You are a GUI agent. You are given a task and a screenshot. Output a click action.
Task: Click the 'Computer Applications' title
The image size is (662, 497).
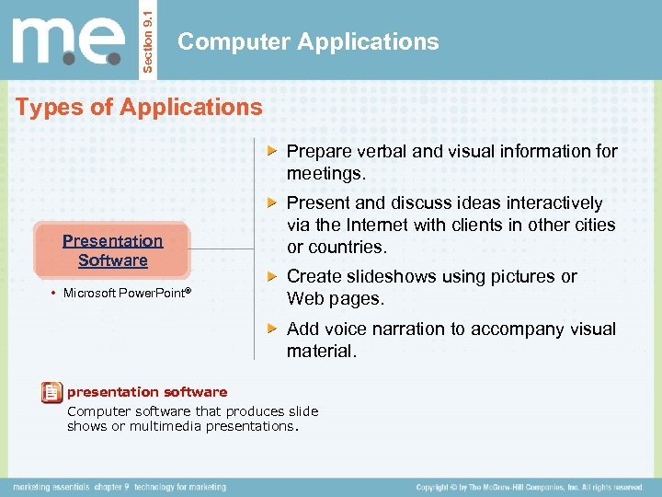tap(308, 41)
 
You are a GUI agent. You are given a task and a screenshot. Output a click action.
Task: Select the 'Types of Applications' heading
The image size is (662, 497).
tap(139, 107)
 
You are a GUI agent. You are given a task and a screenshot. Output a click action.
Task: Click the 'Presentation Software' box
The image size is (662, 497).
tap(112, 250)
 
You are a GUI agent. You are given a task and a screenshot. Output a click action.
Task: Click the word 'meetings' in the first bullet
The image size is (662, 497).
tap(324, 173)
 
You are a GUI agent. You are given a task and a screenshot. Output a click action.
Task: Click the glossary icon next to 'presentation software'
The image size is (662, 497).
tap(52, 393)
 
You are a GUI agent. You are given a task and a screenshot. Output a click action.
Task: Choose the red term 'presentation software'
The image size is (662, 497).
tap(147, 392)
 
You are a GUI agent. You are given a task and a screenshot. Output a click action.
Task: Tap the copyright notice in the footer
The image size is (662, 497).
tap(529, 487)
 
